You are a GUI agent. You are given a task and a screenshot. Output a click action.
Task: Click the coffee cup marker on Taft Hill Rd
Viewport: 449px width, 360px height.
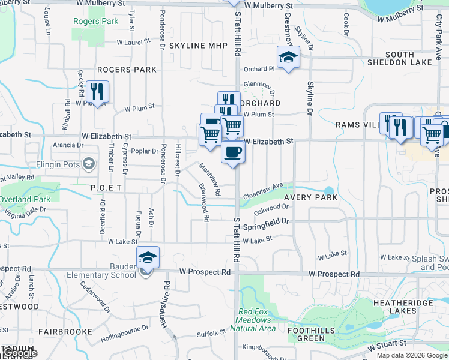coord(233,152)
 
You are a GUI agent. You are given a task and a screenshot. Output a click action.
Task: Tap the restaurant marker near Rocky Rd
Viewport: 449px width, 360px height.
coord(97,91)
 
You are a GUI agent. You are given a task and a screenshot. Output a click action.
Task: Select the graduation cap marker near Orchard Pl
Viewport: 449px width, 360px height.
coord(288,58)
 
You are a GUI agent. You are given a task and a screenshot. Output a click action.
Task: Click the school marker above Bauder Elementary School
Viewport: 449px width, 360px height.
coord(148,257)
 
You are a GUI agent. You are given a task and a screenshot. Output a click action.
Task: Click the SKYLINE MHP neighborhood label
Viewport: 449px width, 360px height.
coord(195,46)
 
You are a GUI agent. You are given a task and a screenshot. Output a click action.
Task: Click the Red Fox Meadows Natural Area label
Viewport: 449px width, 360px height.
coord(257,320)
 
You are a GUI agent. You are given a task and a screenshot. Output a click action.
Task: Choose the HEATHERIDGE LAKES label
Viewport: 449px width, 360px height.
coord(403,307)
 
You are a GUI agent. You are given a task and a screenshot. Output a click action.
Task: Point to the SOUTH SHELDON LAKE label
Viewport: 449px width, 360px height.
coord(409,58)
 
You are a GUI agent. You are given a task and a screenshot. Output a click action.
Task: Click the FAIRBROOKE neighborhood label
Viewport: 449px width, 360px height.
coord(65,331)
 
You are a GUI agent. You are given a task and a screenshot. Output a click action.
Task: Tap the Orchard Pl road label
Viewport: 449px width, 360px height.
coord(259,68)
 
